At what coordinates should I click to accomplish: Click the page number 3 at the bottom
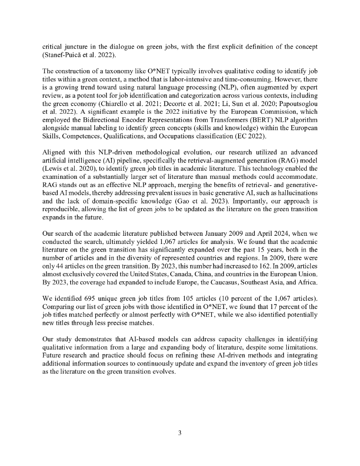tap(180, 433)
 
